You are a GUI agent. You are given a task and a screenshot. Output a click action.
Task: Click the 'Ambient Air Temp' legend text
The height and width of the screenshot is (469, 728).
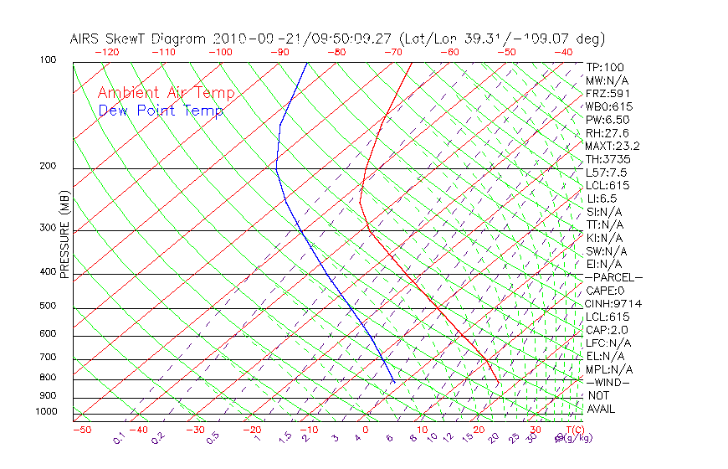[x=166, y=93]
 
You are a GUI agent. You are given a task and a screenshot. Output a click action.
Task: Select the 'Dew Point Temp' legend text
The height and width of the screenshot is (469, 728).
[x=160, y=111]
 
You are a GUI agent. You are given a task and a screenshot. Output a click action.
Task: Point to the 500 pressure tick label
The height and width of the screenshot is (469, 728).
[x=47, y=306]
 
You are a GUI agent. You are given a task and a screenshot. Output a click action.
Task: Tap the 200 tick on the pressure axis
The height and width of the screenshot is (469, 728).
[x=47, y=167]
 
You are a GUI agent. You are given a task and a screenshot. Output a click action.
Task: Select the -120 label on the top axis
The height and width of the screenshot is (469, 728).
[x=107, y=52]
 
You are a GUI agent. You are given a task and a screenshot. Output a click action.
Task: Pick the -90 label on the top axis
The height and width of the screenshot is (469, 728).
[x=279, y=52]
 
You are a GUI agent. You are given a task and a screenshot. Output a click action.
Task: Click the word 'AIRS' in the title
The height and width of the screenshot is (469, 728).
[x=85, y=39]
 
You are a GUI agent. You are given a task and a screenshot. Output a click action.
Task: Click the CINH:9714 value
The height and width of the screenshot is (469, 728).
[x=613, y=303]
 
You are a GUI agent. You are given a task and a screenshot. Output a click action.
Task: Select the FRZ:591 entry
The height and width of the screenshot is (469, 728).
[x=608, y=93]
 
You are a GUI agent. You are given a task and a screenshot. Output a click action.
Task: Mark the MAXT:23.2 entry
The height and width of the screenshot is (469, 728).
[x=613, y=146]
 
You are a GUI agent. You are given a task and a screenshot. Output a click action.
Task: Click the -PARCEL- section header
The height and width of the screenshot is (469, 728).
[x=613, y=277]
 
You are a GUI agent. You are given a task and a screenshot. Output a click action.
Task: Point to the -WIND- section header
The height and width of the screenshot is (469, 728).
[x=608, y=382]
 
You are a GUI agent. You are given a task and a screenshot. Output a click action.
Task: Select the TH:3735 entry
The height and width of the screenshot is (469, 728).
[x=608, y=159]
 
